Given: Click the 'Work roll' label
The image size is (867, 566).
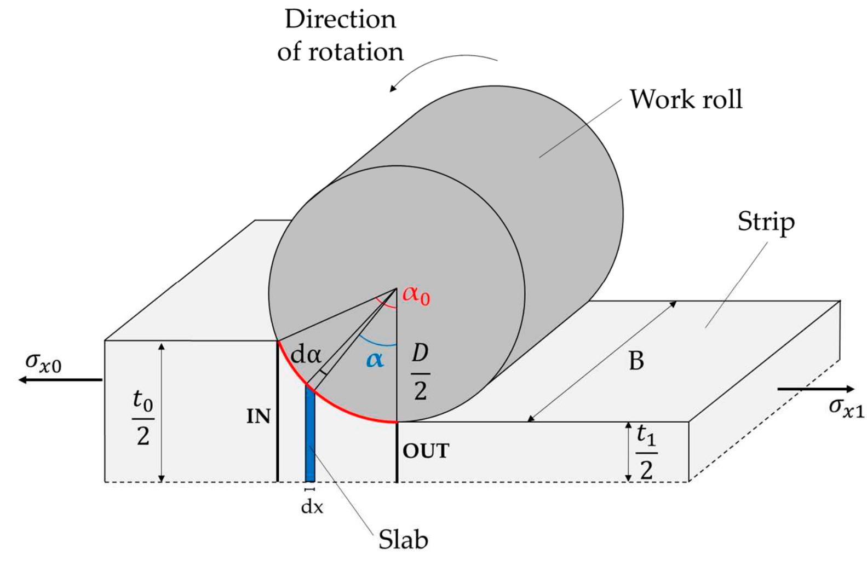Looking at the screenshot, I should [x=686, y=100].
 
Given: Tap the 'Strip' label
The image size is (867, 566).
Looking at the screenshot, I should [x=765, y=222].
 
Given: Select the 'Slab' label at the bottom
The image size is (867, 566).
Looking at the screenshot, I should [x=403, y=540].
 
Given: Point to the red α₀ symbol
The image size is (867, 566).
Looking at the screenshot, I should [x=416, y=296].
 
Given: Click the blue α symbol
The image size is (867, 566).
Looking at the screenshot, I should [x=375, y=360].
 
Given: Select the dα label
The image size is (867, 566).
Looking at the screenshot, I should [x=306, y=355].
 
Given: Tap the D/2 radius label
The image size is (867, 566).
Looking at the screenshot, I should [x=420, y=373].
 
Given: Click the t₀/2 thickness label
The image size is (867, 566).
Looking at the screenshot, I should [x=143, y=418].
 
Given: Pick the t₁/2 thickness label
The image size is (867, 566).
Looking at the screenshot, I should [x=646, y=452].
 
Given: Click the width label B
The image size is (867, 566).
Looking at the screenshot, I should [x=636, y=361].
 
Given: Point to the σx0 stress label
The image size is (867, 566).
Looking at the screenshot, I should [x=44, y=363].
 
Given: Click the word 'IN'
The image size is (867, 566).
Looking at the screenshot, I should [x=259, y=417].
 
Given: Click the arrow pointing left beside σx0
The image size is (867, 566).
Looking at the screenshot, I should [x=60, y=380].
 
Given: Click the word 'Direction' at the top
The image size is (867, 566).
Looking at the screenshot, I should [x=340, y=20].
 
